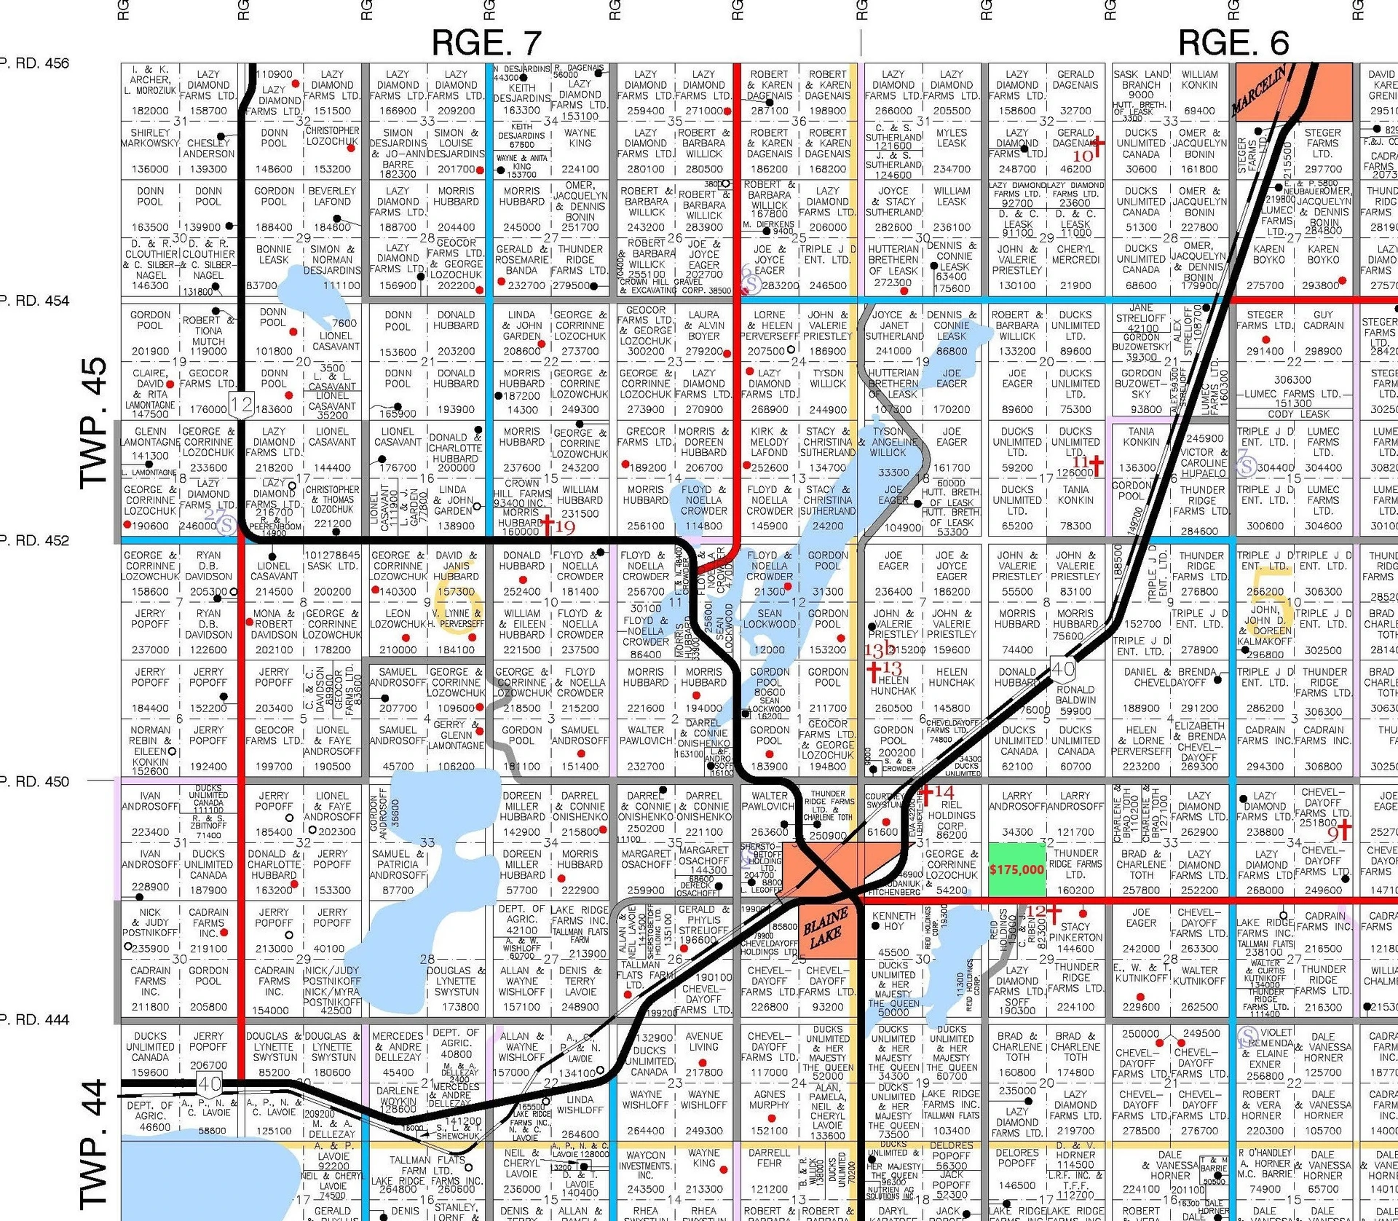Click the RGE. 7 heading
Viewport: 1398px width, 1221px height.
(486, 43)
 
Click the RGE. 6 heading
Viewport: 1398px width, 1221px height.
(1233, 43)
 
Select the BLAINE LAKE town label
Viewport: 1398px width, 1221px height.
(825, 928)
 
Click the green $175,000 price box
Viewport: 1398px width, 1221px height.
(1016, 869)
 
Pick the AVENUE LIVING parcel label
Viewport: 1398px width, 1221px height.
(704, 1042)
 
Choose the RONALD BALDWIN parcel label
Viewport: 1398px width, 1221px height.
(1075, 695)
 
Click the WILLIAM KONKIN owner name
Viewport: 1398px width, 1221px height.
(1199, 79)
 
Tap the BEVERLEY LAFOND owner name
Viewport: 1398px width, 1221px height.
(332, 197)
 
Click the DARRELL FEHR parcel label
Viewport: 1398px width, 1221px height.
(770, 1158)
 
